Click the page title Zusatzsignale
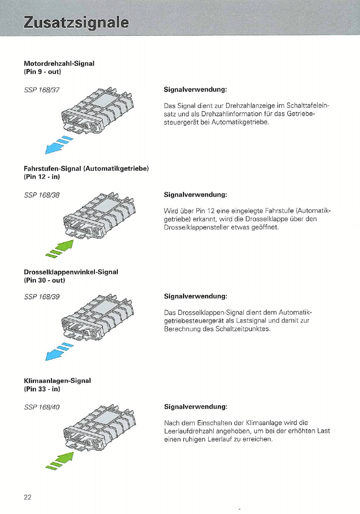click(76, 23)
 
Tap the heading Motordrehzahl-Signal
click(59, 63)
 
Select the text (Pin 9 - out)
click(42, 72)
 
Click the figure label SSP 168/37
click(42, 90)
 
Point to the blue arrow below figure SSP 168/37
click(59, 145)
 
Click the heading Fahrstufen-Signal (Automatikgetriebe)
click(86, 169)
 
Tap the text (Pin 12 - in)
click(42, 177)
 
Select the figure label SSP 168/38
click(42, 195)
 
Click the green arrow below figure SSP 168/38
click(60, 249)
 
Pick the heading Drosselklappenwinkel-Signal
click(71, 272)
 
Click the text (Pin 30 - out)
click(45, 280)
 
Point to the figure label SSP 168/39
click(42, 297)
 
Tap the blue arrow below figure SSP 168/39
click(59, 352)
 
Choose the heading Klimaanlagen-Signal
click(57, 381)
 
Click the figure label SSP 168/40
click(42, 407)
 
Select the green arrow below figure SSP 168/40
click(60, 461)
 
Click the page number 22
click(28, 497)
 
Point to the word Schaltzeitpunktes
click(243, 329)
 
